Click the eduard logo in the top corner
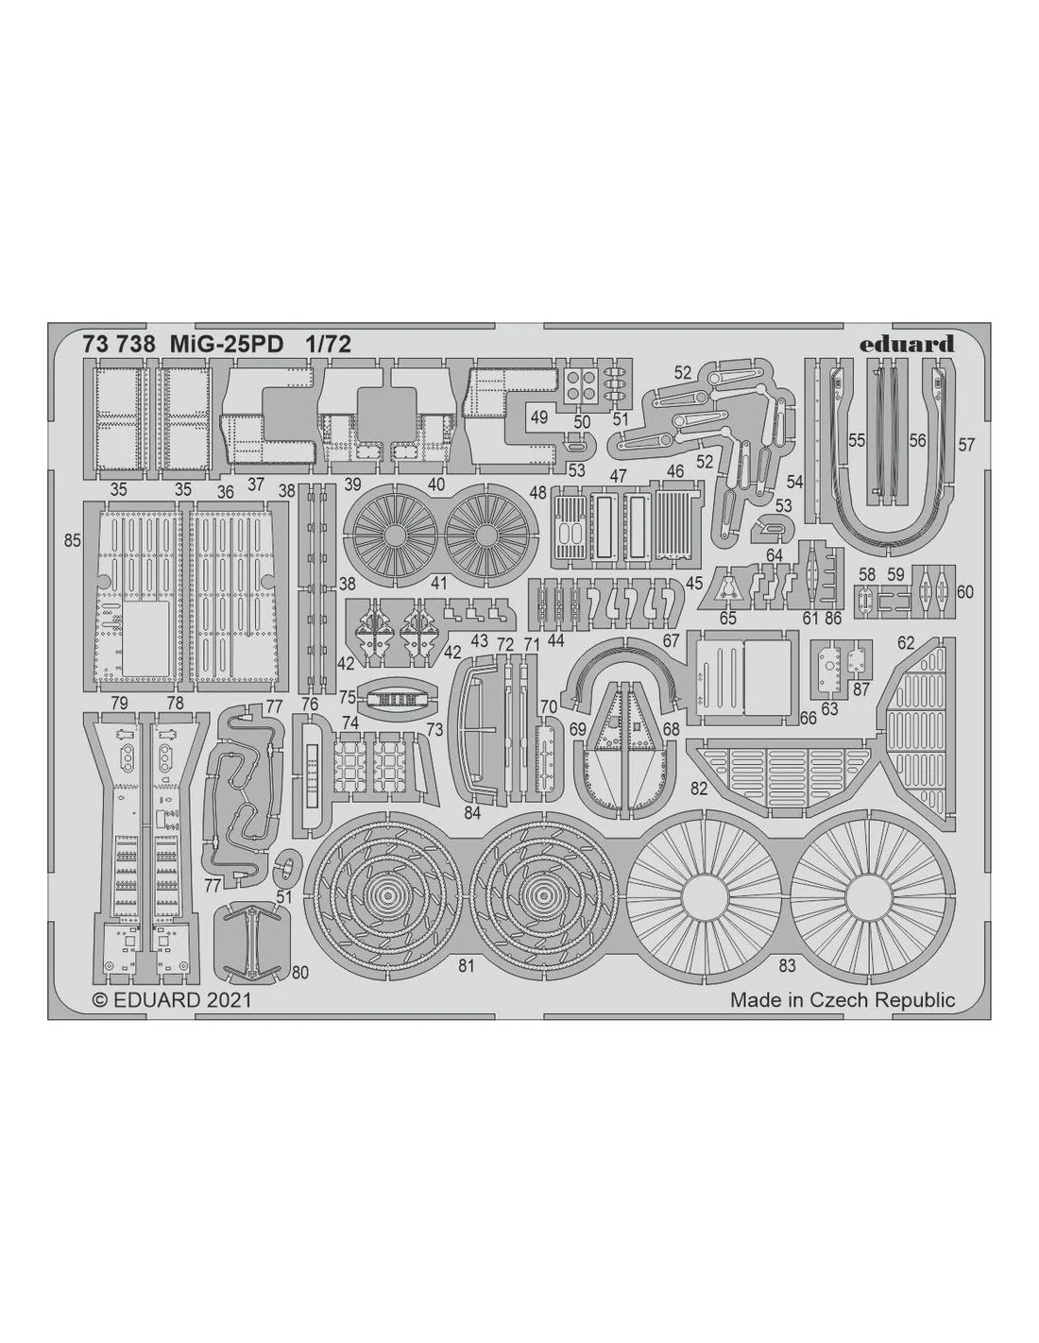tap(908, 343)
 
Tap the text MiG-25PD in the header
tap(227, 344)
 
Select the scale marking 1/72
tap(328, 344)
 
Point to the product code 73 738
tap(119, 344)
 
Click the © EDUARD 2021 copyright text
tap(171, 1000)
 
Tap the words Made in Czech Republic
tap(843, 1000)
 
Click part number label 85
tap(73, 540)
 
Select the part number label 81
tap(466, 965)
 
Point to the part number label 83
tap(787, 965)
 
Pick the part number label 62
tap(906, 643)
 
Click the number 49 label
tap(539, 417)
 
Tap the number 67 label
tap(672, 641)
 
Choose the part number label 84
tap(472, 813)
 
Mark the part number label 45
tap(695, 582)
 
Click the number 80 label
tap(299, 972)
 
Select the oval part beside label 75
tap(393, 700)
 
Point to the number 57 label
tap(966, 445)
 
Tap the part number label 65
tap(728, 618)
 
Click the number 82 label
tap(699, 788)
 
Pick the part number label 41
tap(439, 582)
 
